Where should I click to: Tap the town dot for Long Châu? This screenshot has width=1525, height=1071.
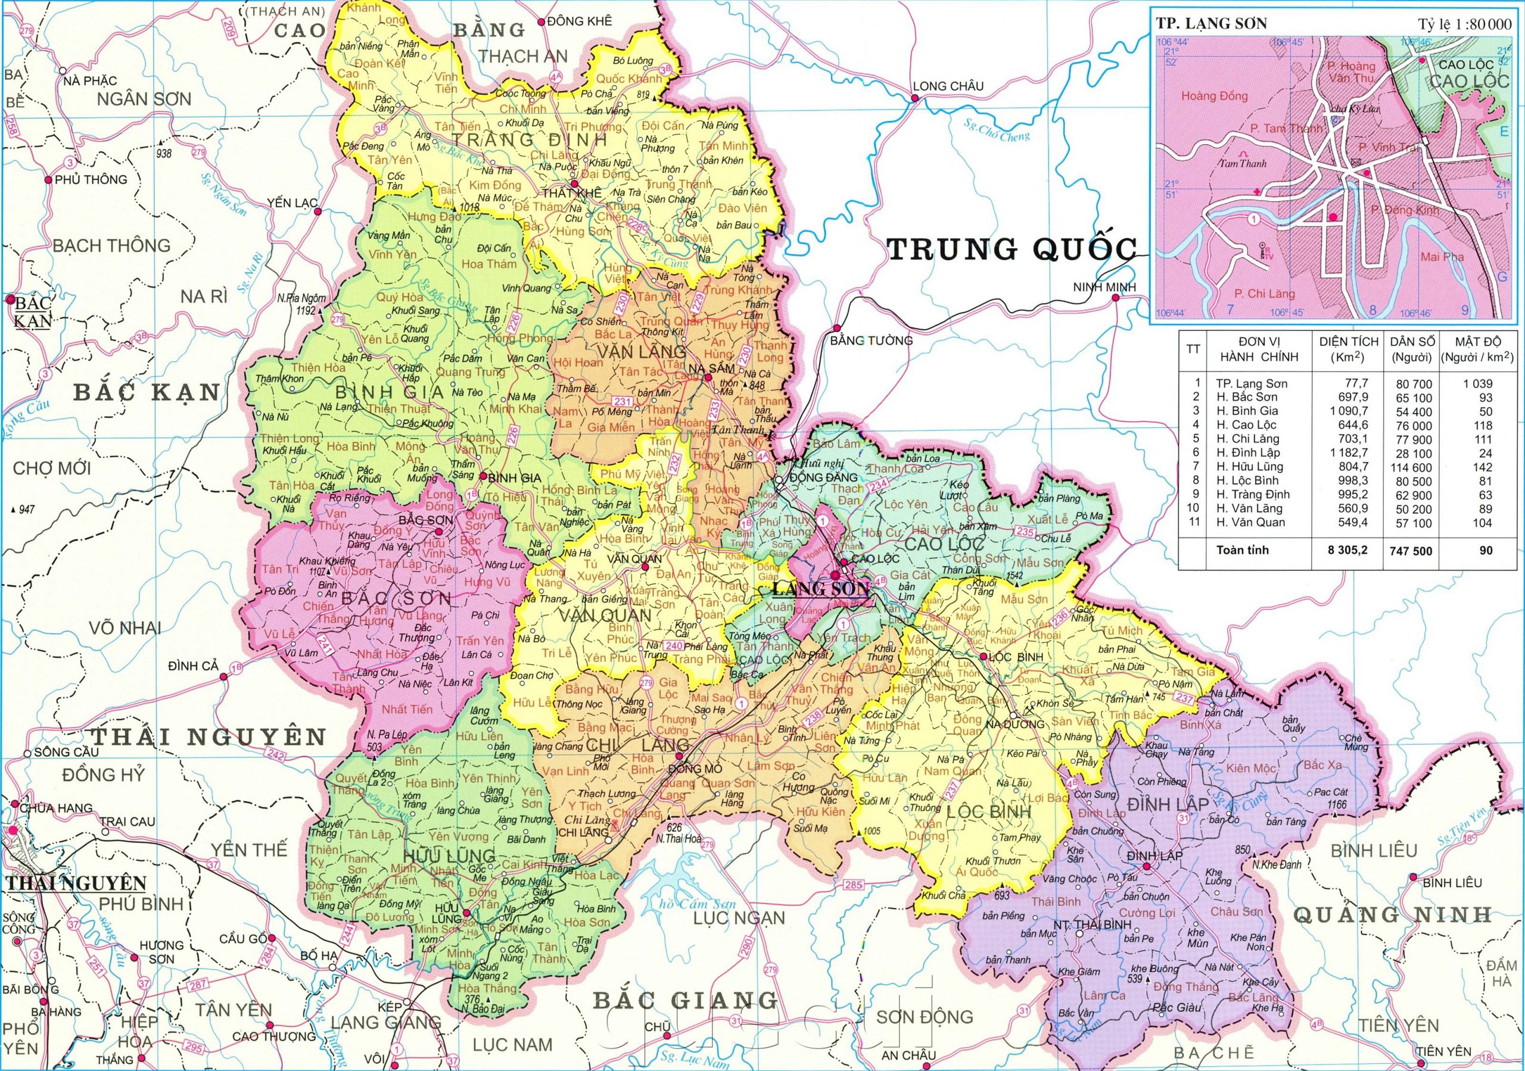coord(914,98)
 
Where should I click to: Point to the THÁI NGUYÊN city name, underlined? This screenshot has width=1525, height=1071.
coord(76,883)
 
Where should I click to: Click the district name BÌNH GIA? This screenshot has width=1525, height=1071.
coord(390,391)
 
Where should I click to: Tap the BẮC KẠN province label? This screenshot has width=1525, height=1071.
coord(146,391)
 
